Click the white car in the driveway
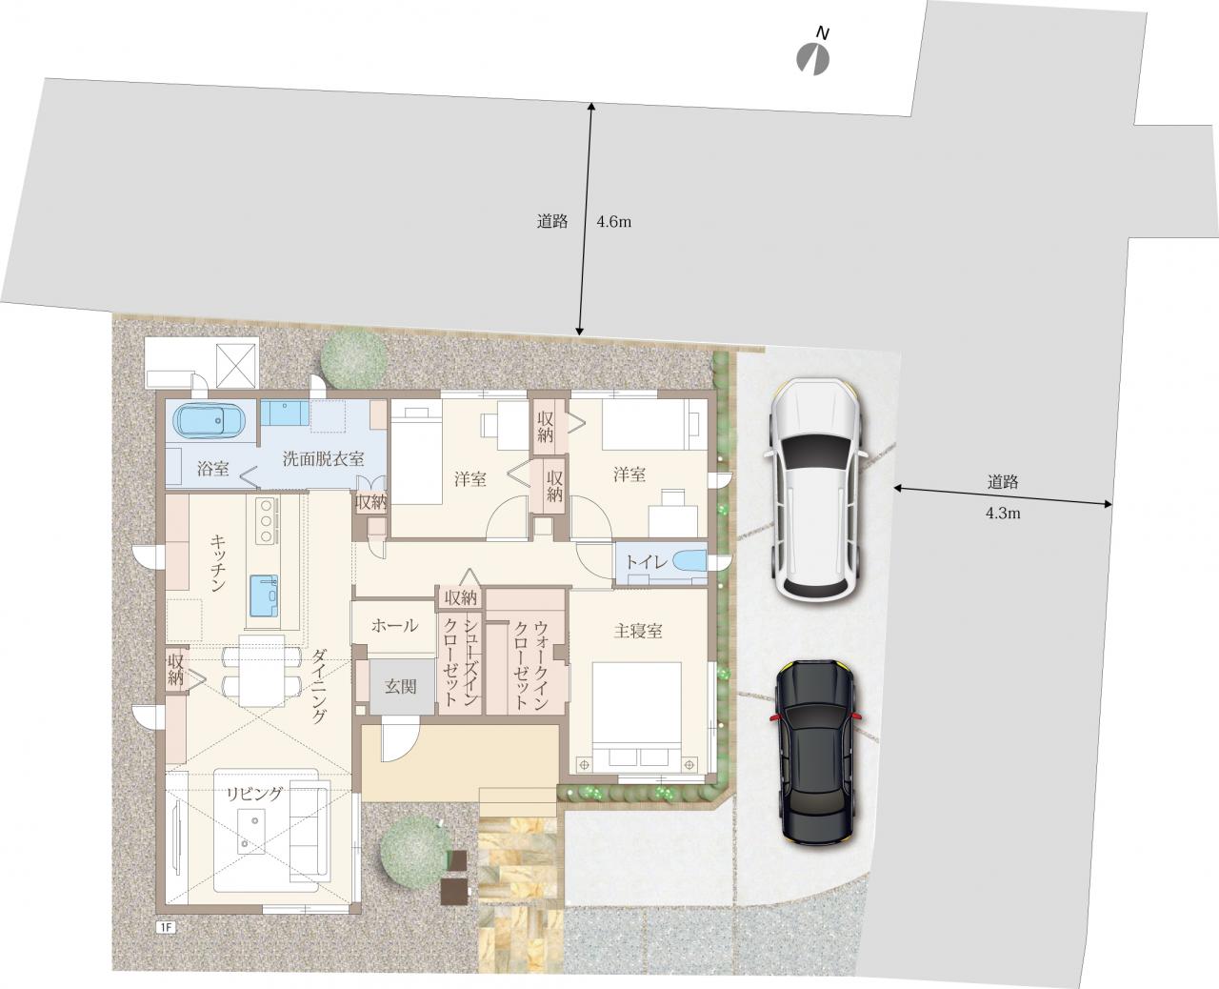pos(815,490)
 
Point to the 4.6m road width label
pos(613,222)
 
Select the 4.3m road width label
pos(1003,514)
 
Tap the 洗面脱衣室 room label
pos(324,458)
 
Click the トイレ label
pos(646,562)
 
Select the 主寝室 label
pos(638,631)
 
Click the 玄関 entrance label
pos(401,686)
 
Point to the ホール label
pos(394,625)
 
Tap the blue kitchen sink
pos(264,595)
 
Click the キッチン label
pos(218,563)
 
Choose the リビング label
pos(254,794)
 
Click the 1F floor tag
pos(166,927)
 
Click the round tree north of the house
pos(354,359)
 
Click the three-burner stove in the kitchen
pos(266,520)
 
